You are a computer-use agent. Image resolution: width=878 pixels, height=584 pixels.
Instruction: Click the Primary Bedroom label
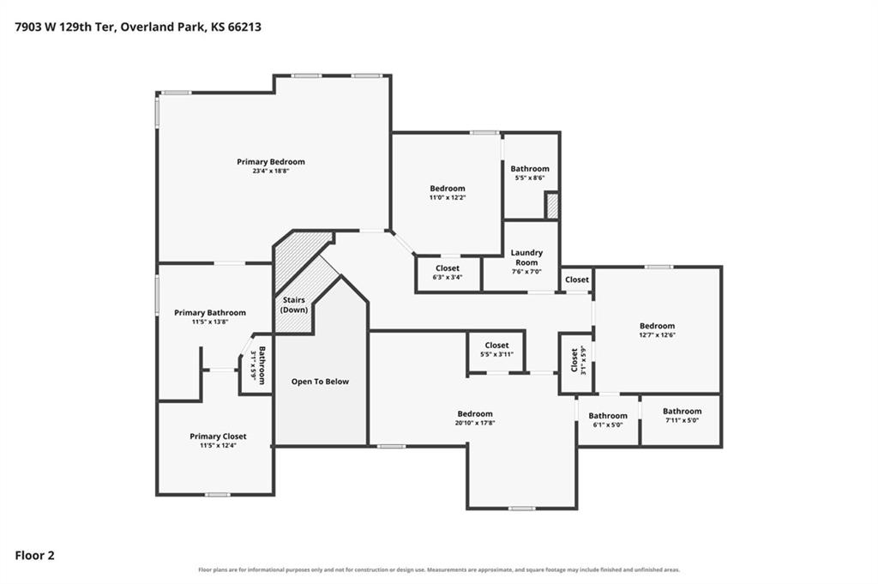270,162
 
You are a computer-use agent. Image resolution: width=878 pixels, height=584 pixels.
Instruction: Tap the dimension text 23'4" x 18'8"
270,172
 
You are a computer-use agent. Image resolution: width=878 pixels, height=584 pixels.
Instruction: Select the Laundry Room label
526,257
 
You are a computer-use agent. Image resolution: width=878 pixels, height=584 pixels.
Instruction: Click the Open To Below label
320,382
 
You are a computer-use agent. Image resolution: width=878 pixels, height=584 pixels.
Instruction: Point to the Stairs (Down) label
294,304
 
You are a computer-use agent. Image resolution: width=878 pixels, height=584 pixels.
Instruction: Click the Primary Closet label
218,436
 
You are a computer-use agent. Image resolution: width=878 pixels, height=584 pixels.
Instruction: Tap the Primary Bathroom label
210,313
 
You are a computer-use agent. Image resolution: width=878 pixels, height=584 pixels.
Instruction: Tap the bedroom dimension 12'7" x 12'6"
658,334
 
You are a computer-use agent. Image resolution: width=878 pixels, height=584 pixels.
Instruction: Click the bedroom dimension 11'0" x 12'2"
448,197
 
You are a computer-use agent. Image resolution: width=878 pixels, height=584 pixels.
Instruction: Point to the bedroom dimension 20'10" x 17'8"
475,424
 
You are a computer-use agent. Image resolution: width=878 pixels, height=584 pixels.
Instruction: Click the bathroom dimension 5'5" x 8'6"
530,178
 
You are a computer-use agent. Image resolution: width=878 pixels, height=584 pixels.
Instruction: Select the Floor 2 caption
34,556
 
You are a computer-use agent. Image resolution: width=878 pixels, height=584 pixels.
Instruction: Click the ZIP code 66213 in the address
244,27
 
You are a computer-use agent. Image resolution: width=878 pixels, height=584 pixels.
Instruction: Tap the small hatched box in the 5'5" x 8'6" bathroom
552,206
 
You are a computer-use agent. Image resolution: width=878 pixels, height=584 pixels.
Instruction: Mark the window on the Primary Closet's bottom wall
217,495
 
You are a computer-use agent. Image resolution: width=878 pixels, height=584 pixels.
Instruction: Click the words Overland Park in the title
162,27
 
